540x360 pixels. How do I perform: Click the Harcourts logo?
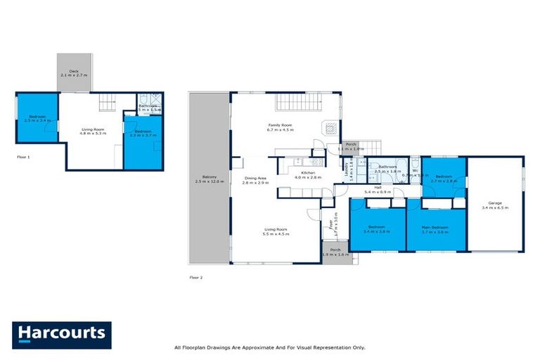pyautogui.click(x=62, y=335)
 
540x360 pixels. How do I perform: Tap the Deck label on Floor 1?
pyautogui.click(x=73, y=70)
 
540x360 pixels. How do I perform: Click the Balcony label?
pyautogui.click(x=208, y=176)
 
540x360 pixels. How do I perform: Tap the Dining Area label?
pyautogui.click(x=255, y=178)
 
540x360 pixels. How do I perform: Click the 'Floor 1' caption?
pyautogui.click(x=23, y=157)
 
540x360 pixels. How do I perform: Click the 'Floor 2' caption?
pyautogui.click(x=195, y=278)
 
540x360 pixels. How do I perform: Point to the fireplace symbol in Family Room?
pyautogui.click(x=328, y=128)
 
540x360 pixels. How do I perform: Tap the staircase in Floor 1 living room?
pyautogui.click(x=106, y=104)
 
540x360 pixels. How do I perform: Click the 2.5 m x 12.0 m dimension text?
pyautogui.click(x=209, y=181)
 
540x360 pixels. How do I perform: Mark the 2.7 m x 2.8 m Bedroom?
pyautogui.click(x=444, y=178)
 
